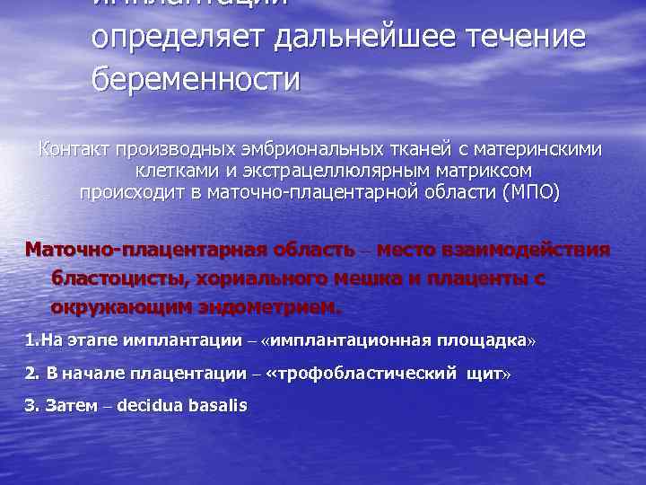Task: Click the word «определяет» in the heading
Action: point(179,38)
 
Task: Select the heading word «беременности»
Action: point(196,80)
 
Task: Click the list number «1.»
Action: point(32,341)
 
